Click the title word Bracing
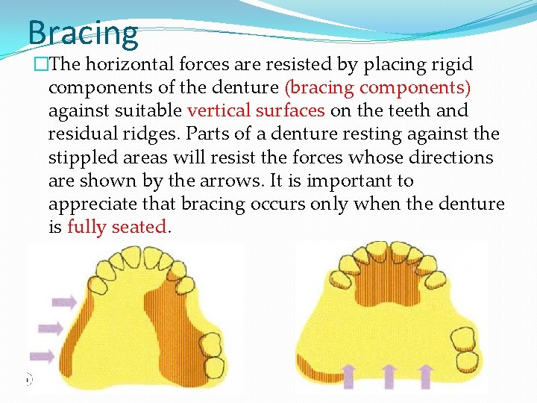(83, 34)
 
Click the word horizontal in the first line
(134, 64)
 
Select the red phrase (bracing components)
(377, 87)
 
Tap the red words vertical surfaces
(256, 110)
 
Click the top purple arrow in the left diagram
(64, 302)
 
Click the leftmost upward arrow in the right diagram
(349, 377)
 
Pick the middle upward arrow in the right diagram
(387, 377)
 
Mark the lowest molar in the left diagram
(215, 366)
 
